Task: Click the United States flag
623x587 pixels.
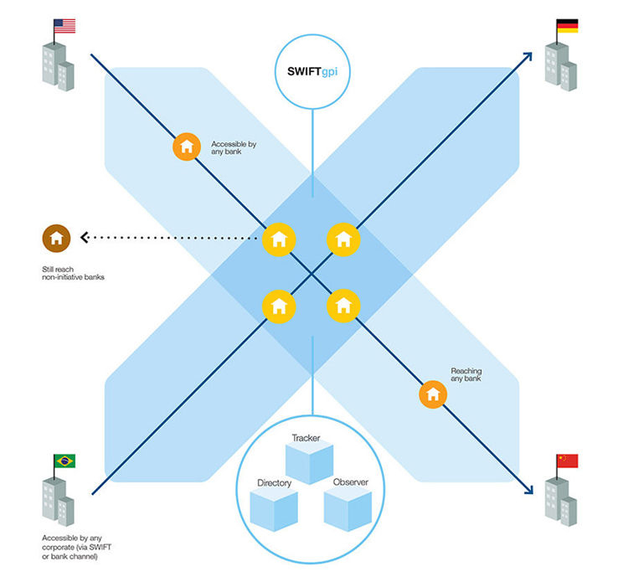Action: pyautogui.click(x=64, y=26)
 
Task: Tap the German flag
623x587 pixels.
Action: pyautogui.click(x=567, y=26)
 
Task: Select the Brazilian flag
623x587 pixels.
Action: pyautogui.click(x=64, y=461)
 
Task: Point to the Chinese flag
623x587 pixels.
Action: pyautogui.click(x=567, y=461)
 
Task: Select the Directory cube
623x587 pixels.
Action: pyautogui.click(x=274, y=507)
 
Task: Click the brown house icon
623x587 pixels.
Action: pyautogui.click(x=57, y=238)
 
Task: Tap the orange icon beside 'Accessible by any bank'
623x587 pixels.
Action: pyautogui.click(x=187, y=147)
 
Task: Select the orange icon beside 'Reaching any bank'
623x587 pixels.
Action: pyautogui.click(x=433, y=393)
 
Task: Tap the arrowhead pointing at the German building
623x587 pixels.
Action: pyautogui.click(x=528, y=57)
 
